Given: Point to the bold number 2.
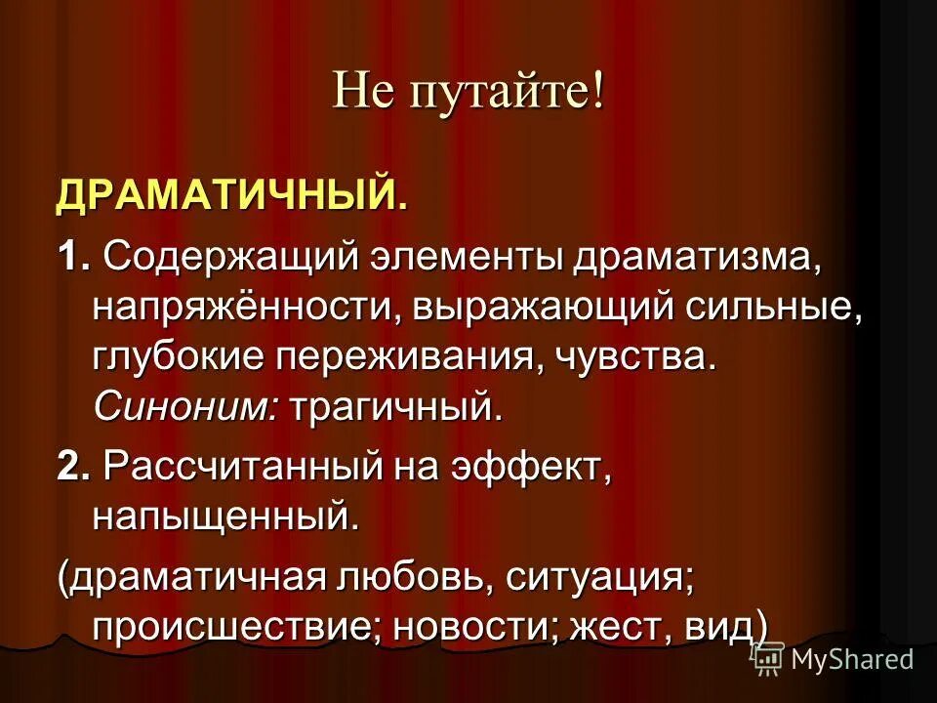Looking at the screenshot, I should tap(70, 467).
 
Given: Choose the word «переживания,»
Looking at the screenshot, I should tap(407, 357).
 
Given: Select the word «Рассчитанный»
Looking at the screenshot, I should tap(243, 467).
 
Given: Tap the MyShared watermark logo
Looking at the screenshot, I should tap(835, 660).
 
